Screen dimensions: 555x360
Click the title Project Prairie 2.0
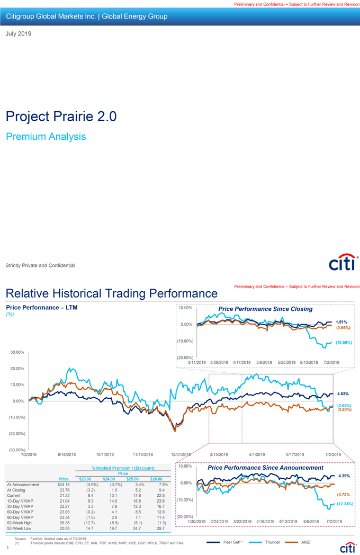[61, 117]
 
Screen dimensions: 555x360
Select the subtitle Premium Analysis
[46, 137]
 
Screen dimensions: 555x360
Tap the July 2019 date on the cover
[19, 34]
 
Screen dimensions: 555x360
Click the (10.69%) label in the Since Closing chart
[345, 342]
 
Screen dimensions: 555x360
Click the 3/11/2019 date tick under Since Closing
[197, 362]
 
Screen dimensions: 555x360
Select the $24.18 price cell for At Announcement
[63, 485]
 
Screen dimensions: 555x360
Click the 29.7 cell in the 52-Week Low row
[161, 528]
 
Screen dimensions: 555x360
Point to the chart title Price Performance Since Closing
[265, 309]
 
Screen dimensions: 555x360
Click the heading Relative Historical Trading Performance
[111, 293]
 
